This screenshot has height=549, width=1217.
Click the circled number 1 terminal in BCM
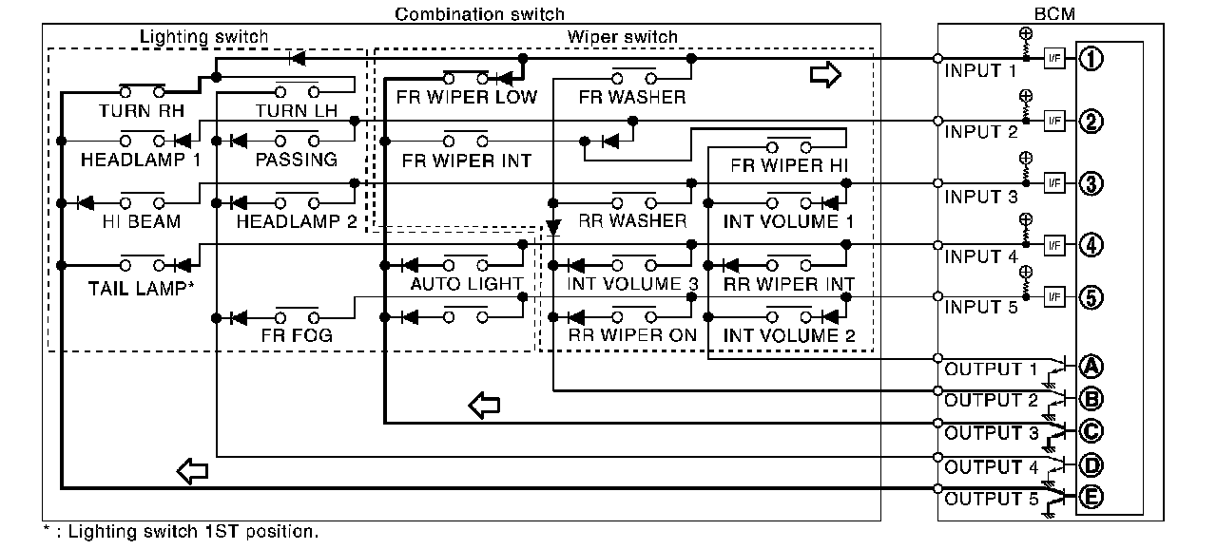(x=1091, y=59)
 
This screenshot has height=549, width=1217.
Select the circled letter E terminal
(x=1091, y=495)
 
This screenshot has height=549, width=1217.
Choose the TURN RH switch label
(x=141, y=111)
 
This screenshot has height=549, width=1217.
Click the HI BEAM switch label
(x=143, y=221)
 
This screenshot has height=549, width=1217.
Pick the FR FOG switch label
(x=297, y=335)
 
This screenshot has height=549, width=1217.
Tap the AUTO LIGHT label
(x=466, y=283)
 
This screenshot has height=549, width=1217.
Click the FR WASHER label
(x=632, y=97)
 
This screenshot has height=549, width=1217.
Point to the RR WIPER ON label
(x=632, y=335)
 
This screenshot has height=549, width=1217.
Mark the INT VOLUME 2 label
(x=789, y=335)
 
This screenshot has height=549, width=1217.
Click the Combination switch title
(x=479, y=13)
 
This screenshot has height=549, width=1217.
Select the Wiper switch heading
(x=623, y=37)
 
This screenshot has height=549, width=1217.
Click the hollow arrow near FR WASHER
(x=825, y=76)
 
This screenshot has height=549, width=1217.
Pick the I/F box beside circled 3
(x=1053, y=181)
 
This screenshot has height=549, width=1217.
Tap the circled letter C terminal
(x=1091, y=431)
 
